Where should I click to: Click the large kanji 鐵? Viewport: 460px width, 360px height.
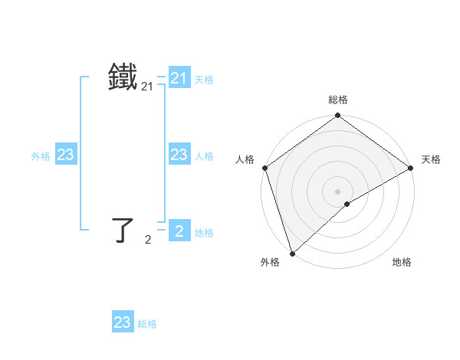click(x=123, y=78)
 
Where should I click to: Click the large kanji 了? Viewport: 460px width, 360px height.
click(x=123, y=230)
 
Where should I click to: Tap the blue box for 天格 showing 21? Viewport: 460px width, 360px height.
click(x=179, y=78)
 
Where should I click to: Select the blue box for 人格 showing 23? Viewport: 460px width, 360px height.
click(x=179, y=155)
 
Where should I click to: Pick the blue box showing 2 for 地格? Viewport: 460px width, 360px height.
click(x=179, y=231)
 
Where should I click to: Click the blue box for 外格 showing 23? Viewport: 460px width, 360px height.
click(x=66, y=155)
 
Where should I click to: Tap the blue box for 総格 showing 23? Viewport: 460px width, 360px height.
click(x=123, y=322)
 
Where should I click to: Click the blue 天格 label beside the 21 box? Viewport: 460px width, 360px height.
click(x=204, y=80)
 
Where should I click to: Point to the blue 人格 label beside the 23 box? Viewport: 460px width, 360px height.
click(x=204, y=156)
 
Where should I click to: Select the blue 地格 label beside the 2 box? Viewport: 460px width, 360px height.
click(x=204, y=233)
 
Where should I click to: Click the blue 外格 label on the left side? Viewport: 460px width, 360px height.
click(x=41, y=156)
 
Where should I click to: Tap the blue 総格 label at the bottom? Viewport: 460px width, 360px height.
click(x=147, y=324)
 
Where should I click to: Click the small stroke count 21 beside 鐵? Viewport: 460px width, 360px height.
click(x=147, y=88)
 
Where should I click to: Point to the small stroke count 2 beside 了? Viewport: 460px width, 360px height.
click(x=148, y=240)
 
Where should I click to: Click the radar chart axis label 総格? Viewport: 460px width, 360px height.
click(x=337, y=100)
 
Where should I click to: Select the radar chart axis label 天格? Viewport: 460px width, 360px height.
click(x=431, y=159)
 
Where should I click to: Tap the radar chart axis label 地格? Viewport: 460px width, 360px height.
click(x=402, y=263)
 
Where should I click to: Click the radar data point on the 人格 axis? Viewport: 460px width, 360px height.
click(x=264, y=168)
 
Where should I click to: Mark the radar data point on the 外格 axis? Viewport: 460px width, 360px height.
click(x=292, y=253)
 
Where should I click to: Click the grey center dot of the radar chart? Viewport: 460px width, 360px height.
click(x=337, y=191)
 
